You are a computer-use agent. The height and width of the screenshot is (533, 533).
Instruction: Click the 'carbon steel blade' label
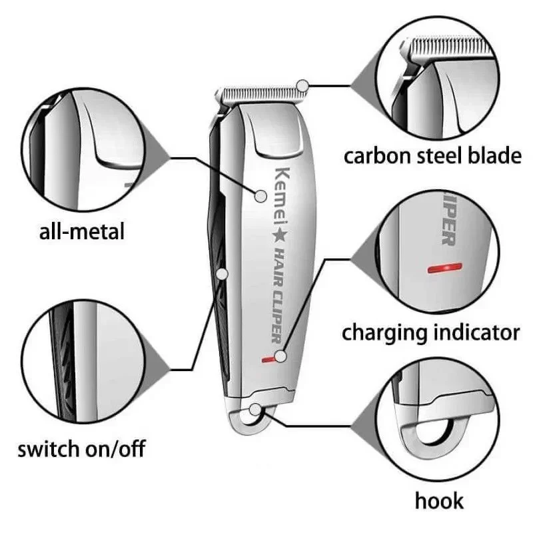432,157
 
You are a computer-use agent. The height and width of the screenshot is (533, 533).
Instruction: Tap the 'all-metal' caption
81,231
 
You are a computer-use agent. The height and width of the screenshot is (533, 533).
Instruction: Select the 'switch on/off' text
81,448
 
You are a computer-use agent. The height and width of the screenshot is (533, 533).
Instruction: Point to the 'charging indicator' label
430,333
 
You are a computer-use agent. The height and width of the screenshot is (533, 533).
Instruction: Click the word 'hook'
439,501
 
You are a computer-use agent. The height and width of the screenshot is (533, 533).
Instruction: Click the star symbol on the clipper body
280,236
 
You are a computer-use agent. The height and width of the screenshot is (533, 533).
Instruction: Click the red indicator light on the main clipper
268,359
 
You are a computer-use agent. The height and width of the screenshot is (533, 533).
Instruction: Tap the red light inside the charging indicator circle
444,268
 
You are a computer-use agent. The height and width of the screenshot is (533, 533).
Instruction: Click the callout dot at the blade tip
302,86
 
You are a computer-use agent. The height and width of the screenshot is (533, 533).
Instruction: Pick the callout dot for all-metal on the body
261,196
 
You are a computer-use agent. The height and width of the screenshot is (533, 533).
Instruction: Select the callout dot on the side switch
222,274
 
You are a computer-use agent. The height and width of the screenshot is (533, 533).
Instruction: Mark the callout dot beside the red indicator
280,356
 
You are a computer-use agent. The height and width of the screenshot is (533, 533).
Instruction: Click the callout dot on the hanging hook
255,410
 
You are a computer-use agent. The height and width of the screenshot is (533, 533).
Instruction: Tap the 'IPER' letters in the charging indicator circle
448,221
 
